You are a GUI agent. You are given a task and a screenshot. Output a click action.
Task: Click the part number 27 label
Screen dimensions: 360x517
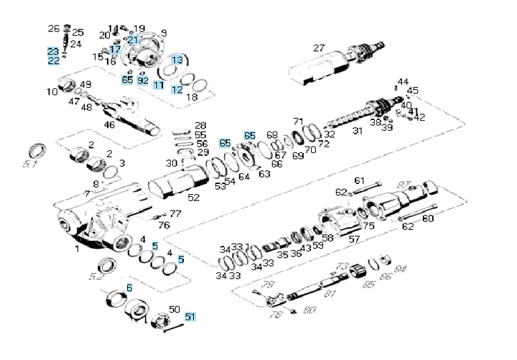pyautogui.click(x=319, y=48)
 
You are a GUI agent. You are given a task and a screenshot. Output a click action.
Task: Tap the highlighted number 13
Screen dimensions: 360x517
pyautogui.click(x=177, y=60)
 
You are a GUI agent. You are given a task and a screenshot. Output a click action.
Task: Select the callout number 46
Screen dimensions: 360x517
pyautogui.click(x=109, y=125)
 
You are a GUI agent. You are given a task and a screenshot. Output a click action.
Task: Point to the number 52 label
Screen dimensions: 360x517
pyautogui.click(x=194, y=198)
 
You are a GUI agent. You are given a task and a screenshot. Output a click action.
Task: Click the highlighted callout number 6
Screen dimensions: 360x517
pyautogui.click(x=129, y=288)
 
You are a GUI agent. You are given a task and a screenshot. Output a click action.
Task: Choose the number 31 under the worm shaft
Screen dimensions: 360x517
pyautogui.click(x=357, y=131)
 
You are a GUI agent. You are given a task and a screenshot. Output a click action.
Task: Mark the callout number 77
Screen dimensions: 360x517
pyautogui.click(x=175, y=214)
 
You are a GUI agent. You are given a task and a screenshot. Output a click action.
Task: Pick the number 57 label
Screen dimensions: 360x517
pyautogui.click(x=354, y=239)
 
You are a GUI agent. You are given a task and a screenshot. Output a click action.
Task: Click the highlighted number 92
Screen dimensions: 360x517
pyautogui.click(x=143, y=80)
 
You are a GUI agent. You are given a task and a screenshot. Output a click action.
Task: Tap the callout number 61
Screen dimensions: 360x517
pyautogui.click(x=359, y=180)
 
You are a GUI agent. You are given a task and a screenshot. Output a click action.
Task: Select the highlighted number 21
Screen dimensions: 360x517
pyautogui.click(x=132, y=40)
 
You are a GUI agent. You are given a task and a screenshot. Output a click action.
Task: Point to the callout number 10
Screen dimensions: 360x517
pyautogui.click(x=52, y=92)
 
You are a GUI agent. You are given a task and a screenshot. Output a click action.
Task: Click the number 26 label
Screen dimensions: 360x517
pyautogui.click(x=54, y=29)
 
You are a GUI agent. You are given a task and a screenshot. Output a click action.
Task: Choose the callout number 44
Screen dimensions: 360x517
pyautogui.click(x=403, y=82)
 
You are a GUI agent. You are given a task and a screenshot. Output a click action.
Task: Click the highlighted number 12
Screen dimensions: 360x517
pyautogui.click(x=177, y=90)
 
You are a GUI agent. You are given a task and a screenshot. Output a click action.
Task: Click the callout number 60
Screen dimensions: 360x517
pyautogui.click(x=428, y=218)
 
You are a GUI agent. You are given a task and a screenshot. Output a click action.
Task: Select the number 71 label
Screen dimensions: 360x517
pyautogui.click(x=299, y=121)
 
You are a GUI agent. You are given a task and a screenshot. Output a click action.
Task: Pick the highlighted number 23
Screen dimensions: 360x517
pyautogui.click(x=53, y=52)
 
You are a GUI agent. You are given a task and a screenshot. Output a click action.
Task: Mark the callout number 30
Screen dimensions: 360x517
pyautogui.click(x=171, y=163)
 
